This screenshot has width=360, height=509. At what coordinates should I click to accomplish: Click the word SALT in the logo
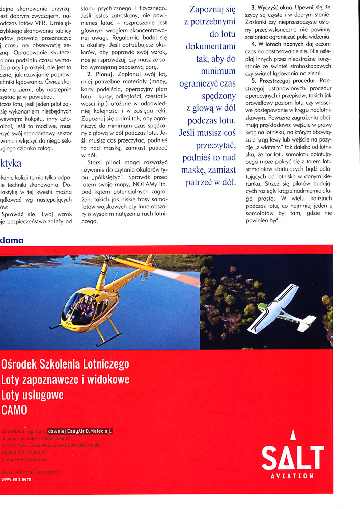click(x=292, y=458)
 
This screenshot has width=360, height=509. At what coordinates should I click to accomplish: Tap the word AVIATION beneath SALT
click(x=292, y=476)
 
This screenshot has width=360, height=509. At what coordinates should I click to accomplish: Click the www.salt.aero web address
click(x=15, y=479)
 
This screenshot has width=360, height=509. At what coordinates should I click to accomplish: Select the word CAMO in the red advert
click(x=14, y=410)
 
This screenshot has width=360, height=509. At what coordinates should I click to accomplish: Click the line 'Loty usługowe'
click(x=33, y=395)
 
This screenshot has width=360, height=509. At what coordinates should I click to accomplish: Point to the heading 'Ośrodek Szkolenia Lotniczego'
click(x=65, y=364)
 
